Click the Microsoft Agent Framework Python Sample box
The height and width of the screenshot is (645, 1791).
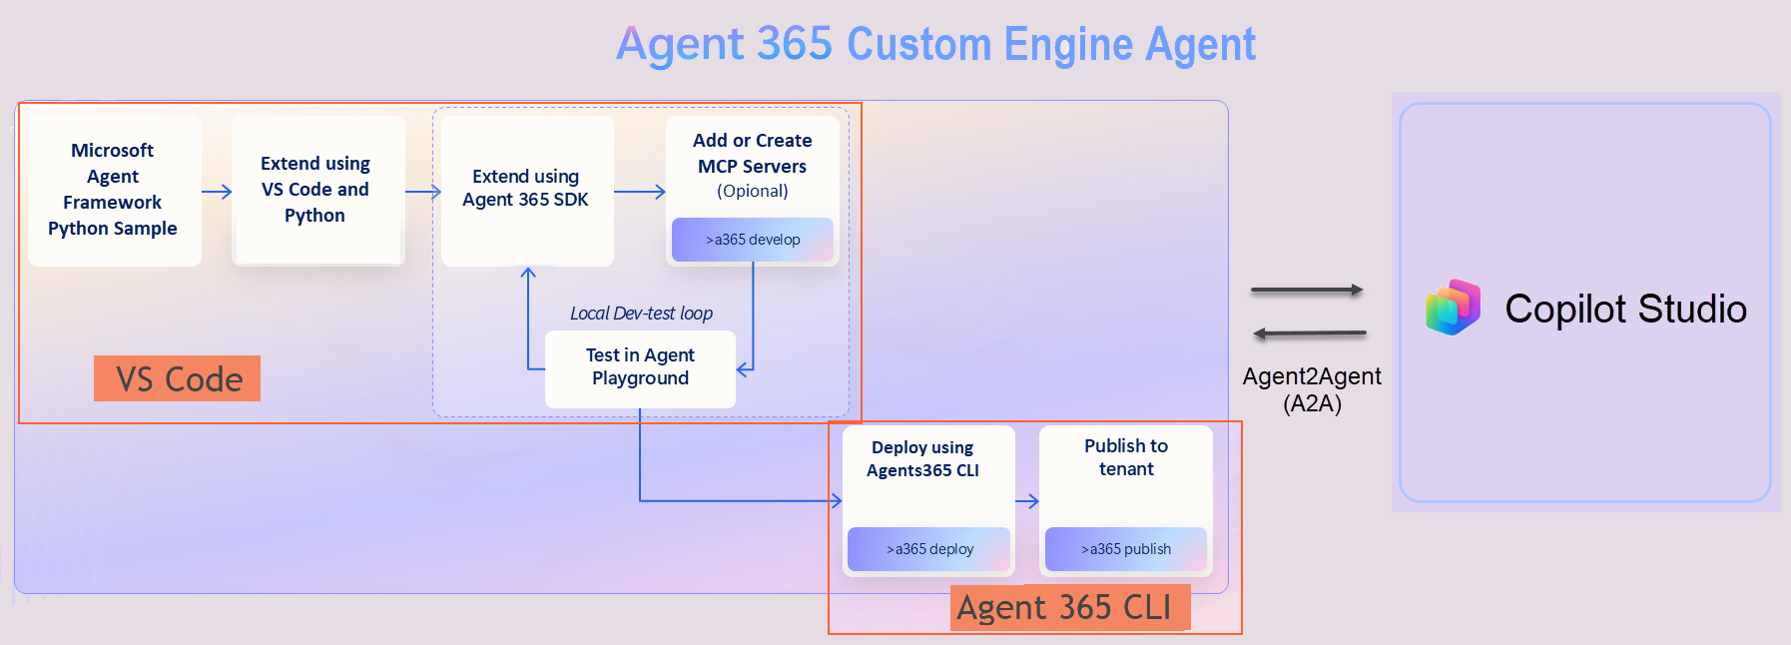coord(114,190)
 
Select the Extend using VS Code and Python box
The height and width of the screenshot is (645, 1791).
coord(316,190)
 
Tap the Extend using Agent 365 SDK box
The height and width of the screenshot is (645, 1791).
coord(526,190)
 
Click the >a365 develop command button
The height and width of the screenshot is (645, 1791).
coord(753,240)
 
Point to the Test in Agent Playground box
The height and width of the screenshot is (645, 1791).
coord(640,367)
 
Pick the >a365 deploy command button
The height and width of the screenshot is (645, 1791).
coord(929,549)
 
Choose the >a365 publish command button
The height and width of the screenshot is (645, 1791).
coord(1125,549)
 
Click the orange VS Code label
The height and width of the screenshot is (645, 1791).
coord(178,379)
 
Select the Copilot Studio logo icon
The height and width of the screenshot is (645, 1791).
coord(1453,308)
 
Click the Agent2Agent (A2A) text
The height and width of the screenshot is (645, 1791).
coord(1311,389)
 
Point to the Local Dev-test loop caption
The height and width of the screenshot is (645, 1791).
coord(641,314)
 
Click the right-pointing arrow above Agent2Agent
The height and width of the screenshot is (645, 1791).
coord(1308,290)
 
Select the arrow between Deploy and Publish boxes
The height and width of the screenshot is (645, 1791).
coord(1027,501)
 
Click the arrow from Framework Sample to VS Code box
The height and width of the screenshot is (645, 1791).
coord(217,191)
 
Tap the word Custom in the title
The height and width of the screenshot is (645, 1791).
coord(918,45)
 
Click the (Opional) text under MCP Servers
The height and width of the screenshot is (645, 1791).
coord(752,191)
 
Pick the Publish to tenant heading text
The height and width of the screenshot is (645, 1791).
coord(1125,457)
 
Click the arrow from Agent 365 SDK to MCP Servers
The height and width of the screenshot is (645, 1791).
coord(639,191)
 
